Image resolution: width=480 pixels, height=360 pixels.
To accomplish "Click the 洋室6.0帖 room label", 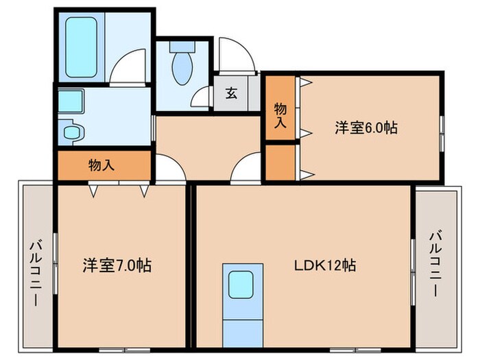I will pyautogui.click(x=367, y=128).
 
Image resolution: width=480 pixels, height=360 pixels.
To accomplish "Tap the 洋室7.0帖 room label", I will pyautogui.click(x=117, y=265).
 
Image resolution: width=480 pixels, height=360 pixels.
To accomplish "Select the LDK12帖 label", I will pyautogui.click(x=325, y=265).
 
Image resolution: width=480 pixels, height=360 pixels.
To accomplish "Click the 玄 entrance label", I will pyautogui.click(x=231, y=93).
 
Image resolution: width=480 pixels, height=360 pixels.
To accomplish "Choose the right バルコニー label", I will pyautogui.click(x=435, y=263).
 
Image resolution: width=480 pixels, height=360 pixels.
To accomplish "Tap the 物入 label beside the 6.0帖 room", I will pyautogui.click(x=280, y=115).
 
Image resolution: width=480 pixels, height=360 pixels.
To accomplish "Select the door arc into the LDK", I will pyautogui.click(x=247, y=168).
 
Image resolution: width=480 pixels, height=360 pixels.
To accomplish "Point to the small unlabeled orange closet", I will pyautogui.click(x=280, y=163).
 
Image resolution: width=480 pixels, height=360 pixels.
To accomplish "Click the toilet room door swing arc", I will pyautogui.click(x=203, y=97).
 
